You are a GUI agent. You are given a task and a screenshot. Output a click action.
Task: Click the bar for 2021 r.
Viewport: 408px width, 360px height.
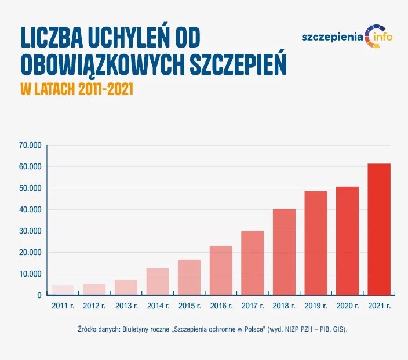(379, 230)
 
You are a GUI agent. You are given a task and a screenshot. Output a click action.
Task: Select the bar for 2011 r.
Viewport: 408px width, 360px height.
(63, 290)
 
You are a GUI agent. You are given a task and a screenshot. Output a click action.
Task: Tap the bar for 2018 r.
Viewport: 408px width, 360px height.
(284, 252)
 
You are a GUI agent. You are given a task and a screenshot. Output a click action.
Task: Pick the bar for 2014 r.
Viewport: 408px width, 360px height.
(158, 282)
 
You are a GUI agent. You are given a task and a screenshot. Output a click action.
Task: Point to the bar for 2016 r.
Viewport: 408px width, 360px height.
(221, 271)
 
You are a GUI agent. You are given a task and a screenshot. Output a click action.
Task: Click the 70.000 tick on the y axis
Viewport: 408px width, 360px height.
(31, 145)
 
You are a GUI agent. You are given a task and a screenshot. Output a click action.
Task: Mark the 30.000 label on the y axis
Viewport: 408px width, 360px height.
(31, 231)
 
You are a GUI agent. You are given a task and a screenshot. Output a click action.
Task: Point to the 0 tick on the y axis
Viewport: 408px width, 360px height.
(39, 295)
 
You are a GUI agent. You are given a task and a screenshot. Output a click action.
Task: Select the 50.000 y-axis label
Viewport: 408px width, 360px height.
(31, 188)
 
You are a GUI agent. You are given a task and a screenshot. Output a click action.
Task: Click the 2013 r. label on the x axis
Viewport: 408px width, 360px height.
(126, 306)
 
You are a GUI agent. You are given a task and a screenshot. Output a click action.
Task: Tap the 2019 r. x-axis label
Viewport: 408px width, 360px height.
(316, 306)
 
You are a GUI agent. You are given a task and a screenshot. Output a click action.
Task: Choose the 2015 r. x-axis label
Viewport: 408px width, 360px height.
(189, 306)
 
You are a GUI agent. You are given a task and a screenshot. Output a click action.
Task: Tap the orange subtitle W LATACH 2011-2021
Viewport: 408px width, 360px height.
(76, 90)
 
